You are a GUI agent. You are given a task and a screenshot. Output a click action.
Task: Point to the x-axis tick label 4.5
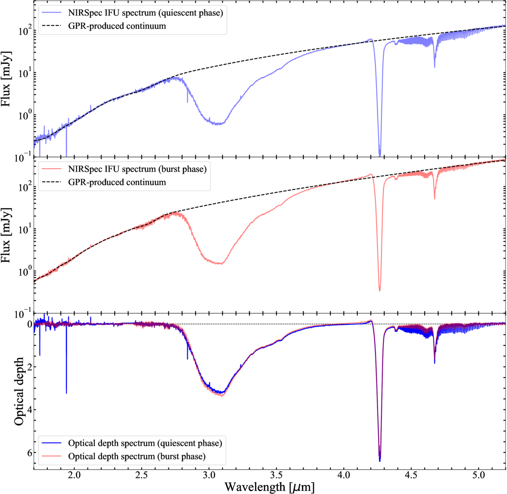click(411, 475)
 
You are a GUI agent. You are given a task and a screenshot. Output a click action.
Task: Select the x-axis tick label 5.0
click(478, 475)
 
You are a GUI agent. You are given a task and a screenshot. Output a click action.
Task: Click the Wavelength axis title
click(269, 487)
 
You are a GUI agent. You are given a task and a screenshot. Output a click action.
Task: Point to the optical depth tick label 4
click(30, 410)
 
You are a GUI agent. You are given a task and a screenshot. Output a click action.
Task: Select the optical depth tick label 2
click(30, 367)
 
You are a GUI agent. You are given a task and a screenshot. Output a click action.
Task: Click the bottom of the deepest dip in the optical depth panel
click(379, 461)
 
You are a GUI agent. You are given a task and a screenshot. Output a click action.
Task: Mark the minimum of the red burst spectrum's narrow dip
click(379, 291)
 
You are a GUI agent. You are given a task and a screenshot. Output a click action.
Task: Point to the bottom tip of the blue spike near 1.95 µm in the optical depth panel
click(66, 393)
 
